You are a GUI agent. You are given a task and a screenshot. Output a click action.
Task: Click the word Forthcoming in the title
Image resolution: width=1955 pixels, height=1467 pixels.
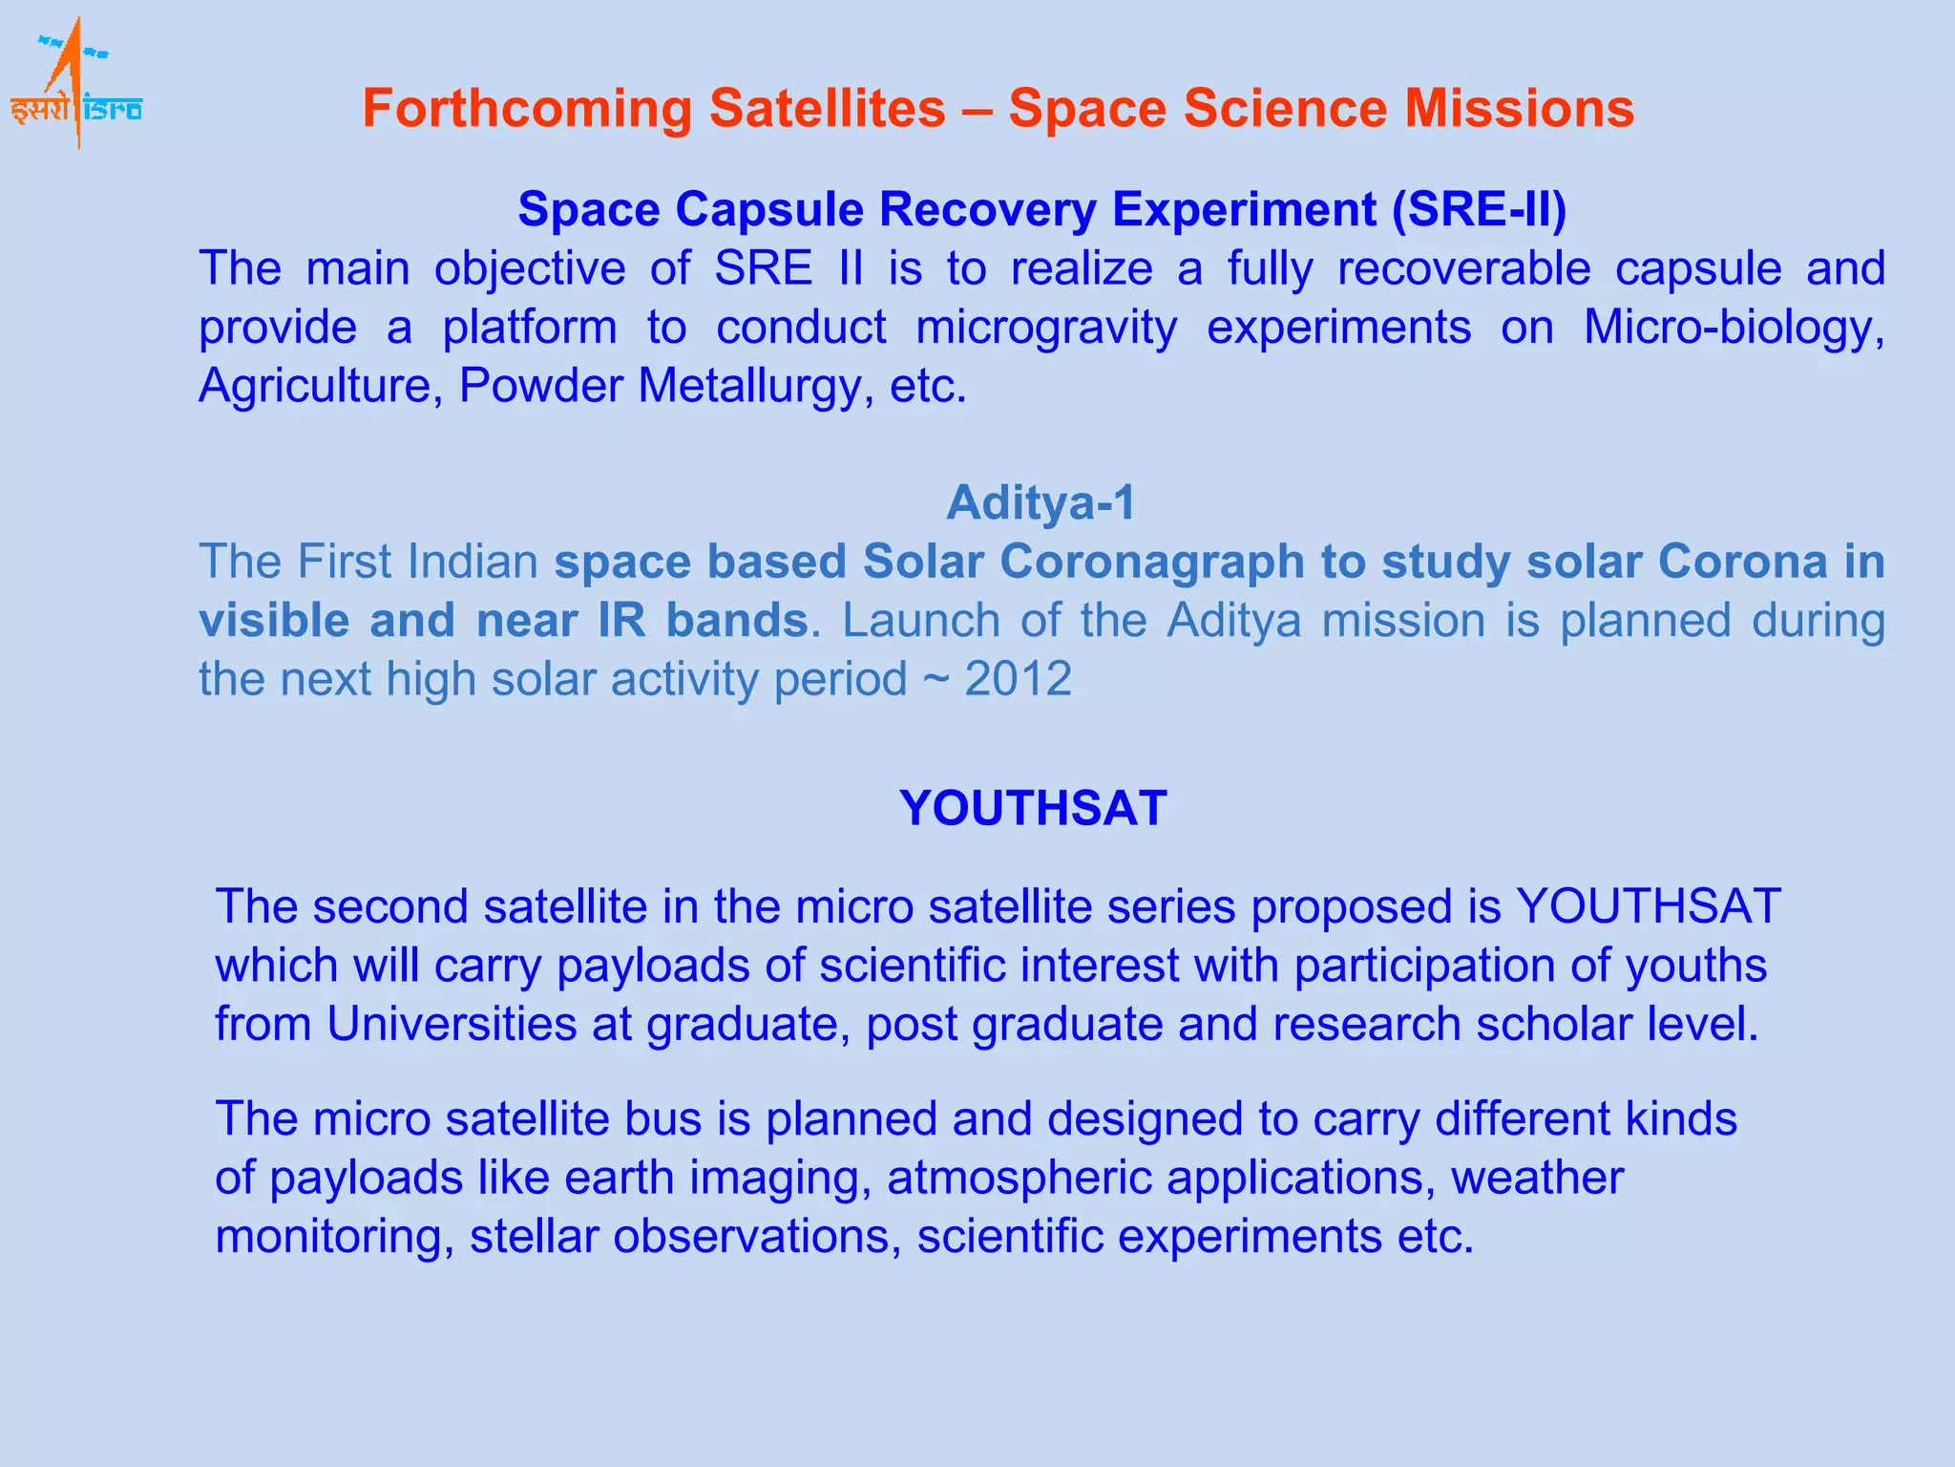point(526,108)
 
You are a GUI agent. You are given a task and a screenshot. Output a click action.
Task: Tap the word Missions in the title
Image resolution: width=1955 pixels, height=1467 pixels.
point(1518,108)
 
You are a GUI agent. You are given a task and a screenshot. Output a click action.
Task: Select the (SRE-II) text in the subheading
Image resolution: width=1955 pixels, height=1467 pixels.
point(1479,209)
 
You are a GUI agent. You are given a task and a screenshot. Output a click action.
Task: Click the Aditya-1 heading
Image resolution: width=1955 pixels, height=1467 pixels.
point(1041,502)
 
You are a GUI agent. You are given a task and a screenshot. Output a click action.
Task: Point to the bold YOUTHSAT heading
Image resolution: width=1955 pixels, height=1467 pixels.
point(1033,808)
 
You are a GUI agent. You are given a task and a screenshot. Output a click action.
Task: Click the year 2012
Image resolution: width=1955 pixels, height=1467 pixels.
point(1018,679)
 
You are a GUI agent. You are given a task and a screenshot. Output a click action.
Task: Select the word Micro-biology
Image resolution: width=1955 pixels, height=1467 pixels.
point(1733,328)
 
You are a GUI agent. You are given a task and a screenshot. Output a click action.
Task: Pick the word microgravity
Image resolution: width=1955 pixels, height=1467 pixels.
point(1046,328)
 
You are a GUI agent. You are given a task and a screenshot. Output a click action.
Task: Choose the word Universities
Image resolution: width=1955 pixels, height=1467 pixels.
point(452,1024)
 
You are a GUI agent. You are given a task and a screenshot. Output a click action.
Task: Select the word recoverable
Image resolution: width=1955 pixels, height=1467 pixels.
point(1463,268)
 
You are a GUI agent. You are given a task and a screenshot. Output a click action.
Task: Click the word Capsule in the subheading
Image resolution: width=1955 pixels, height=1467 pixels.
point(769,209)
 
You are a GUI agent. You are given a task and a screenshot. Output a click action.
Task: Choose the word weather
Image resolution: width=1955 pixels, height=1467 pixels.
point(1537,1178)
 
